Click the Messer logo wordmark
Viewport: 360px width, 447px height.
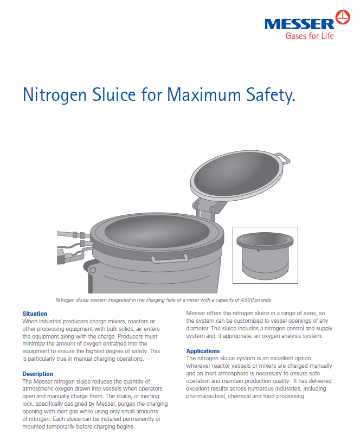pyautogui.click(x=299, y=23)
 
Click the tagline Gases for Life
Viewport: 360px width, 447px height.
pyautogui.click(x=310, y=36)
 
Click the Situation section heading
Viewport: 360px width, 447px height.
pyautogui.click(x=35, y=314)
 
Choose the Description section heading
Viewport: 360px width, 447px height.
pyautogui.click(x=37, y=374)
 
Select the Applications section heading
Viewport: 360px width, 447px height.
pyautogui.click(x=203, y=351)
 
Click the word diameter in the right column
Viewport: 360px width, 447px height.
pyautogui.click(x=197, y=328)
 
